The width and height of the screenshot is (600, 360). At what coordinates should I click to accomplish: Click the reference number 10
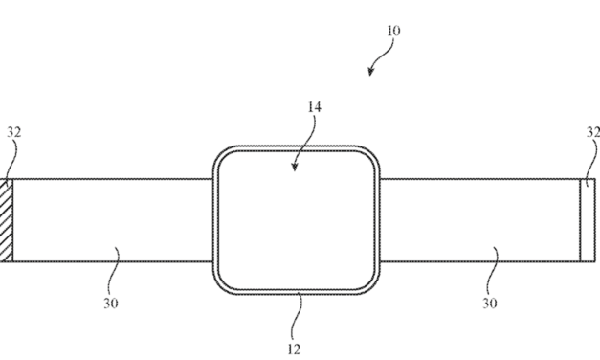pos(393,31)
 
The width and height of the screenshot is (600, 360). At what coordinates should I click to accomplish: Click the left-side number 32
pos(13,133)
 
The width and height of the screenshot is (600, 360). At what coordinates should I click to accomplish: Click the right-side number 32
pos(593,133)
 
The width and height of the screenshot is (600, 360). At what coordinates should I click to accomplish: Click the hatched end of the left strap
pos(5,219)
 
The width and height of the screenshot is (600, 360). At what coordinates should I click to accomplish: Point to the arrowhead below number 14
pos(295,167)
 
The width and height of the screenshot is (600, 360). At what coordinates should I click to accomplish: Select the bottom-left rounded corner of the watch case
pos(223,282)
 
